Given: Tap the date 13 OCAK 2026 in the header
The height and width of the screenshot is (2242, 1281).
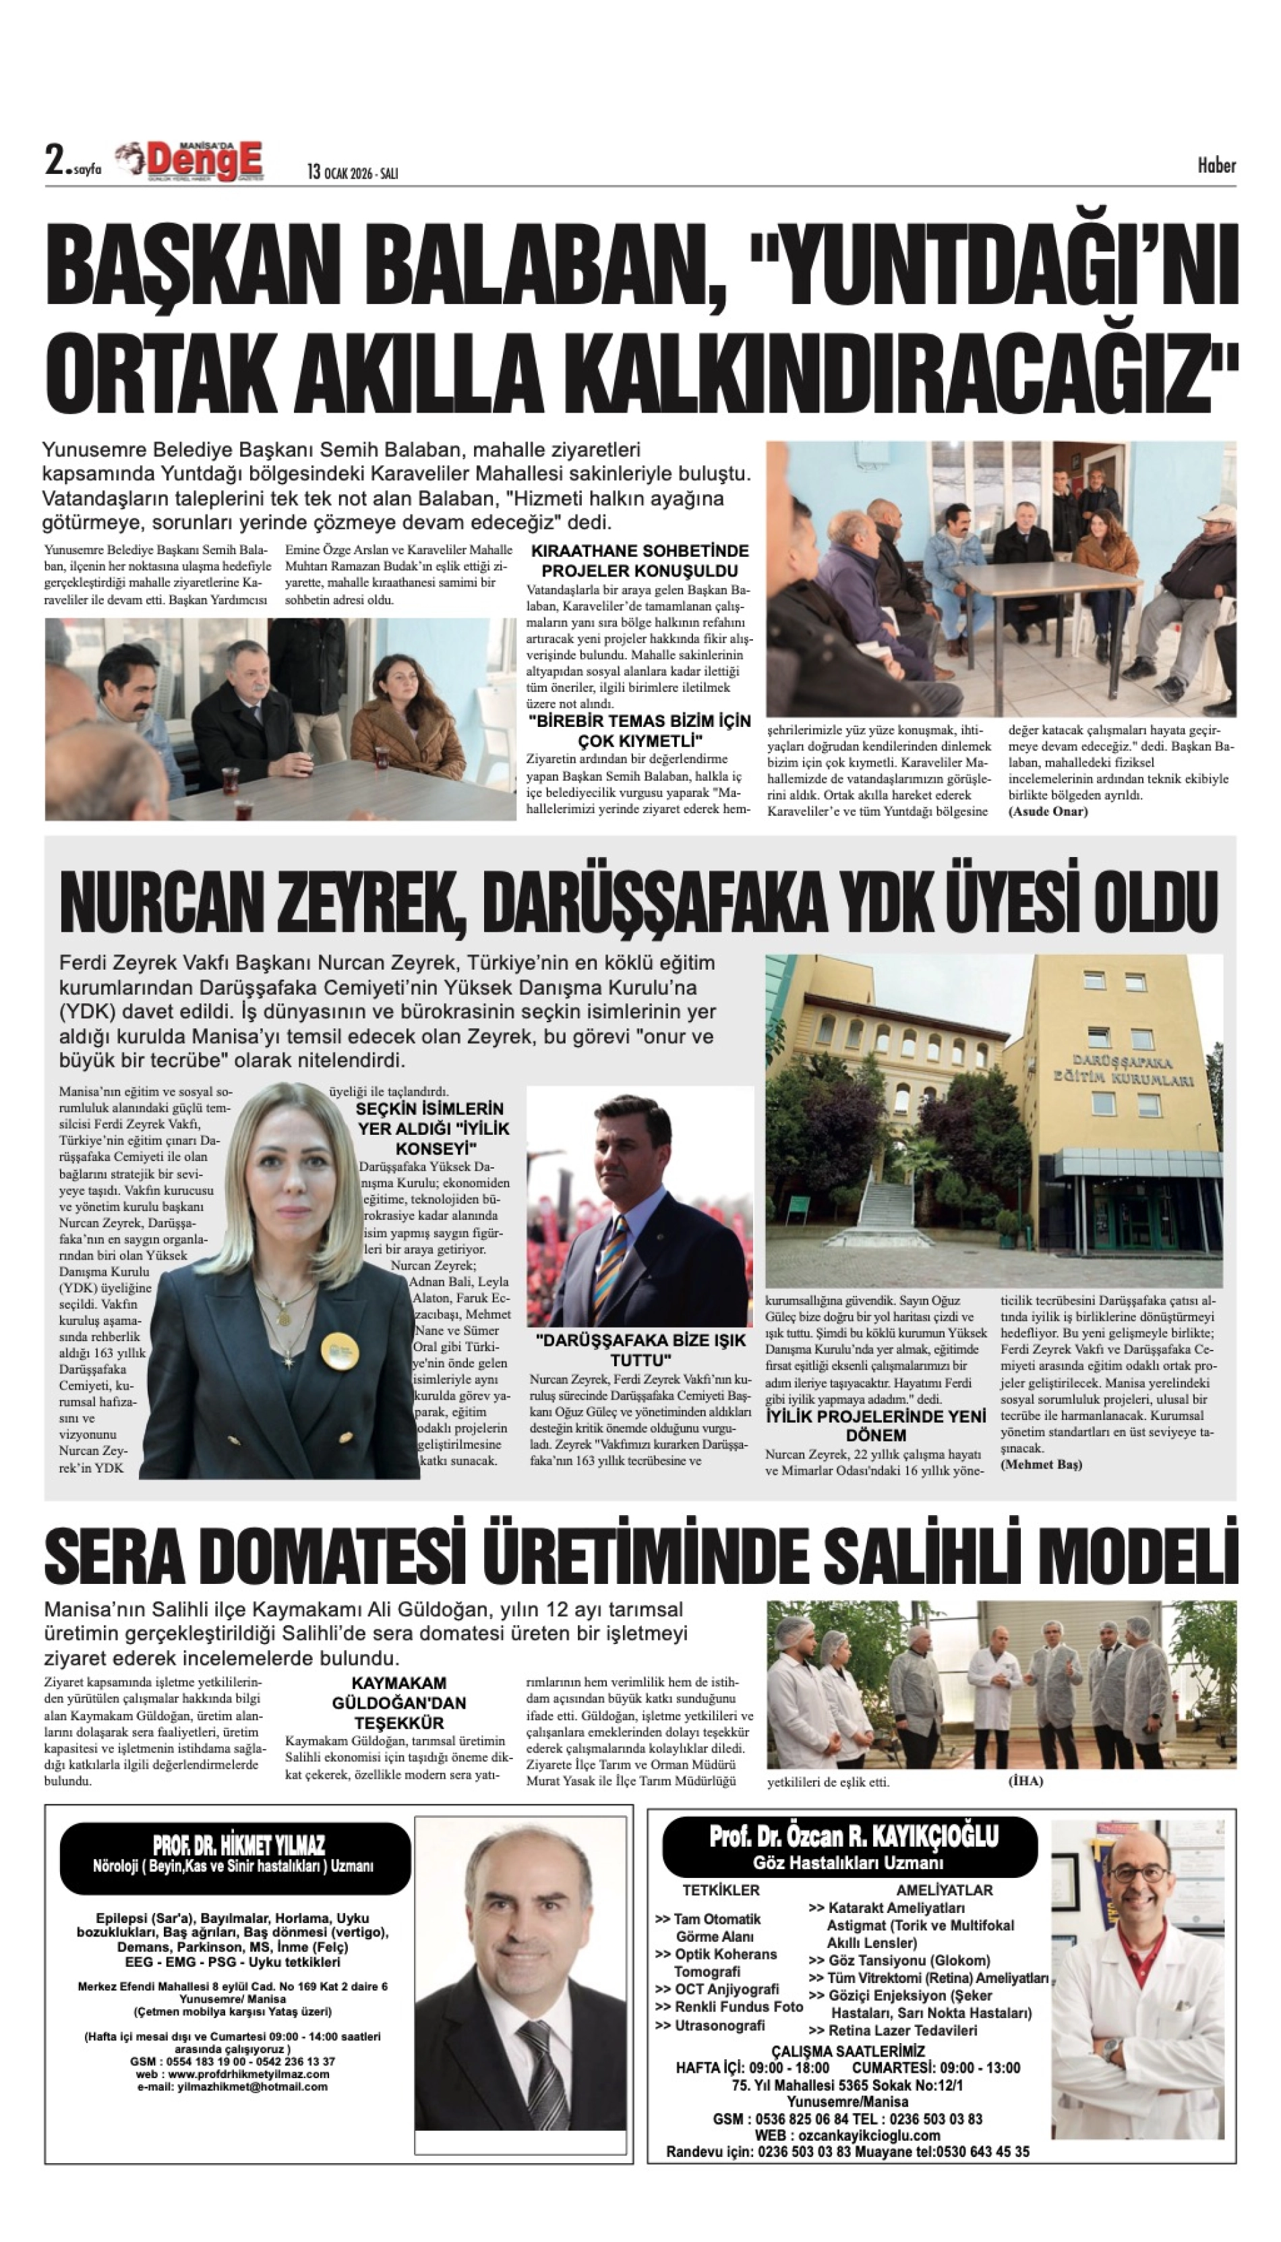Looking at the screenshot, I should click(352, 173).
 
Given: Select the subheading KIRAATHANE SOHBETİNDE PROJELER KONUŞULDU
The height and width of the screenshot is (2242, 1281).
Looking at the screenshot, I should click(640, 560).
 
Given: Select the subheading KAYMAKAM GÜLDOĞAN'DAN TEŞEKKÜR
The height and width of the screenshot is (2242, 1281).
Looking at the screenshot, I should click(398, 1703).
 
